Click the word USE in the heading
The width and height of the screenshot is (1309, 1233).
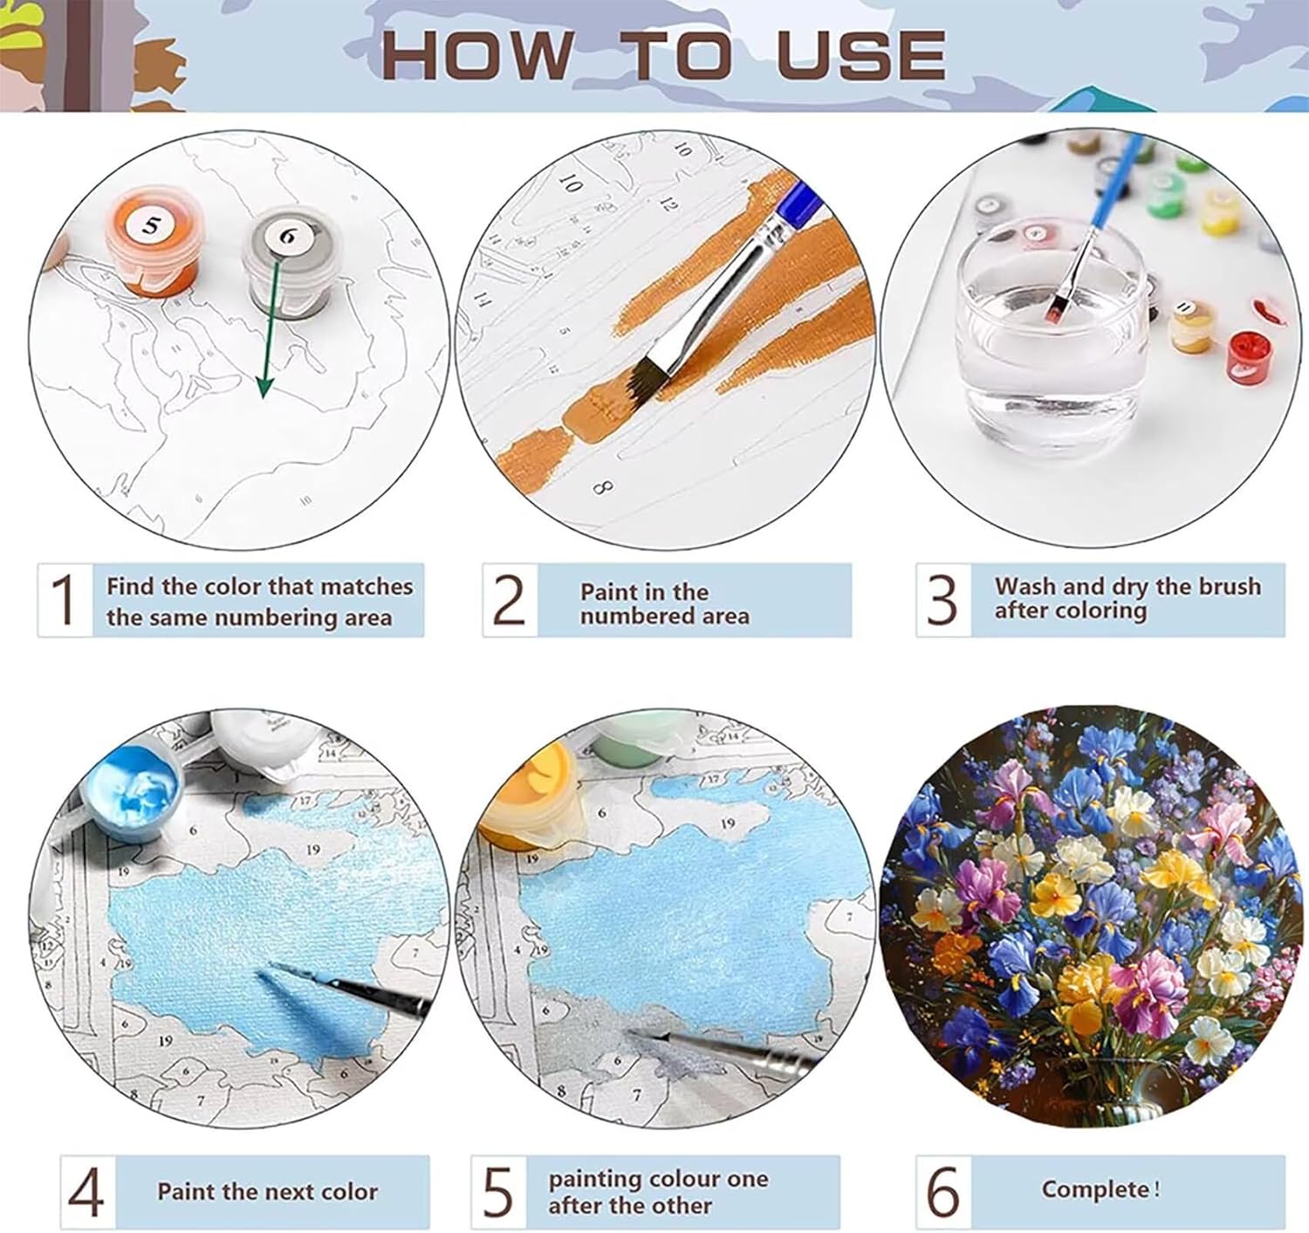click(861, 54)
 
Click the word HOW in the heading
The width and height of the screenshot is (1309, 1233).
click(477, 54)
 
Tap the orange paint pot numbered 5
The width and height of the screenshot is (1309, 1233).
click(152, 240)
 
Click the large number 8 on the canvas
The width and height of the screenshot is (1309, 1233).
click(602, 488)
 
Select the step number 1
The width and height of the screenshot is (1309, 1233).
click(65, 600)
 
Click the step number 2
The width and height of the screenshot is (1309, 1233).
click(510, 600)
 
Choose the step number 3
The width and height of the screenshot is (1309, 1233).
click(942, 600)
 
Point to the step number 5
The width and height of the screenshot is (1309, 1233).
click(498, 1191)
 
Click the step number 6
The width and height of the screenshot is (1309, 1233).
click(943, 1191)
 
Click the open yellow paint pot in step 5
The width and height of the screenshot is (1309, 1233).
click(531, 792)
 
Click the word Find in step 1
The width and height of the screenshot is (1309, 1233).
click(131, 586)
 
